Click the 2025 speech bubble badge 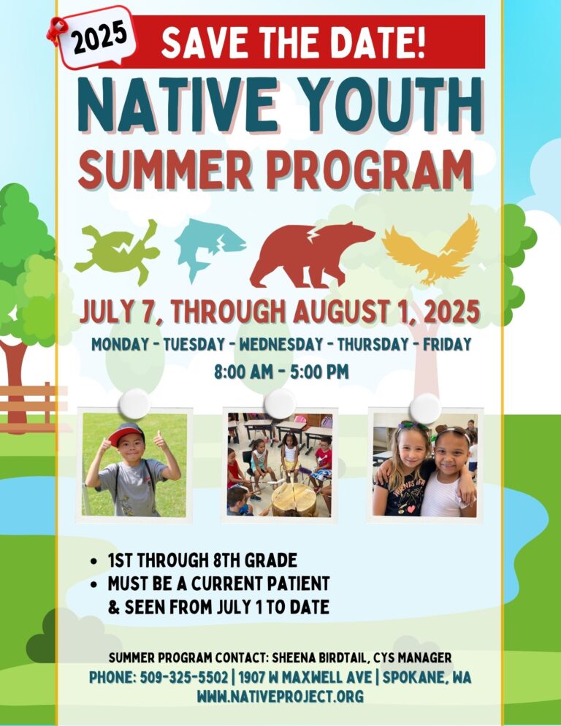pyautogui.click(x=98, y=37)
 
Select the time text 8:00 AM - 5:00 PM pyautogui.click(x=280, y=372)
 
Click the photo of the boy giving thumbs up pyautogui.click(x=134, y=465)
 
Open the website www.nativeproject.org pyautogui.click(x=280, y=696)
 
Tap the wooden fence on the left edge pyautogui.click(x=29, y=405)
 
